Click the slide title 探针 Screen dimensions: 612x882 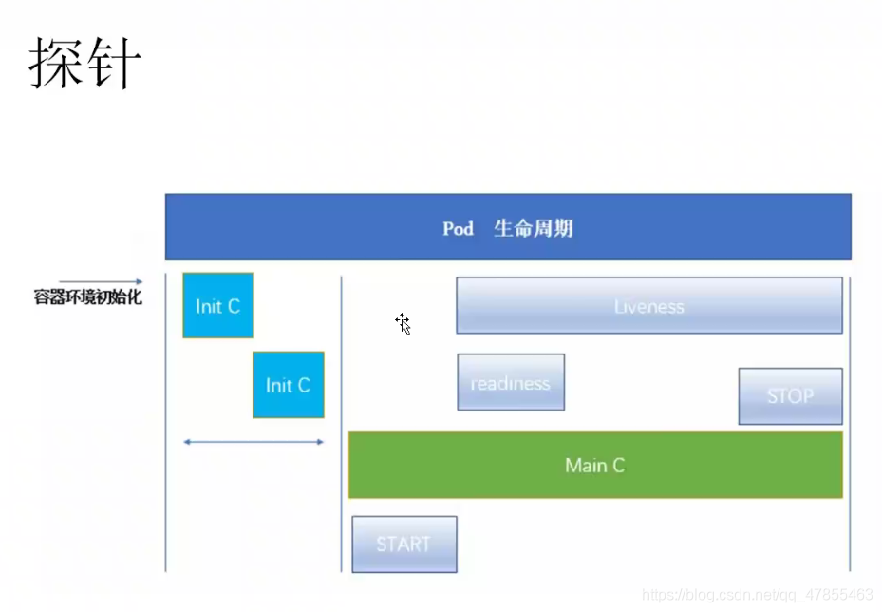(85, 65)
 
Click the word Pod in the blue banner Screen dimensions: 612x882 (458, 229)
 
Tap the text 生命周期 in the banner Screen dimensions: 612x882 (533, 229)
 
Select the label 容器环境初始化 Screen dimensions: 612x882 (87, 297)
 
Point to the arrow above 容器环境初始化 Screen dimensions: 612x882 (101, 281)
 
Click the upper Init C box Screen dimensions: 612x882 (218, 306)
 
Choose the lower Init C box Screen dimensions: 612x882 (289, 385)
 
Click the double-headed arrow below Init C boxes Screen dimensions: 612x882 (253, 442)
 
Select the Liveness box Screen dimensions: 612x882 (649, 306)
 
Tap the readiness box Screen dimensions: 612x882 (511, 383)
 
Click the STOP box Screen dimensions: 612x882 (790, 396)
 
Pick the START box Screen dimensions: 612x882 (403, 545)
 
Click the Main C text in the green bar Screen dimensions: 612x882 (595, 466)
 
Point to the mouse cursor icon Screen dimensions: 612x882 (403, 323)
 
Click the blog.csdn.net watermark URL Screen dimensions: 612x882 (758, 595)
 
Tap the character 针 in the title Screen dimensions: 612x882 (114, 65)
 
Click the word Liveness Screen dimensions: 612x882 (649, 307)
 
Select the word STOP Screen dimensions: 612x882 (790, 396)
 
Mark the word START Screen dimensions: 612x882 (403, 545)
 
